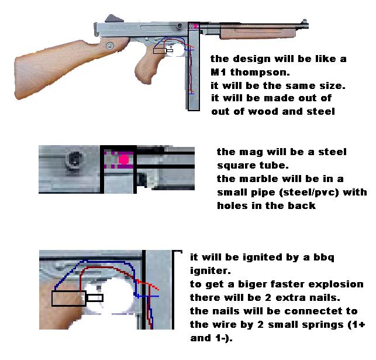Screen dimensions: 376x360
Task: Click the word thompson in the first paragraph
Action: click(260, 73)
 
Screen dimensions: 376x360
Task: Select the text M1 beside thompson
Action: click(218, 72)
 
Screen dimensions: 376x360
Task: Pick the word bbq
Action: click(324, 258)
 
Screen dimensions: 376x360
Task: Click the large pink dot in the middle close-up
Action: click(124, 159)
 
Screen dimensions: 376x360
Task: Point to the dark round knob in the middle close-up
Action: click(75, 159)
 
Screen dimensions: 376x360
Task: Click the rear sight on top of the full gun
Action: click(114, 18)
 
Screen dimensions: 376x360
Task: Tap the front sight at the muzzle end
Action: click(305, 21)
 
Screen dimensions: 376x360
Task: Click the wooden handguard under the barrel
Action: click(258, 33)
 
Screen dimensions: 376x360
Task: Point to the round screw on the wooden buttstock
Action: click(110, 45)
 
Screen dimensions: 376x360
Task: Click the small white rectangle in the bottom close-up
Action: click(95, 298)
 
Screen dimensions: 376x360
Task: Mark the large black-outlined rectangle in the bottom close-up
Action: click(69, 299)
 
